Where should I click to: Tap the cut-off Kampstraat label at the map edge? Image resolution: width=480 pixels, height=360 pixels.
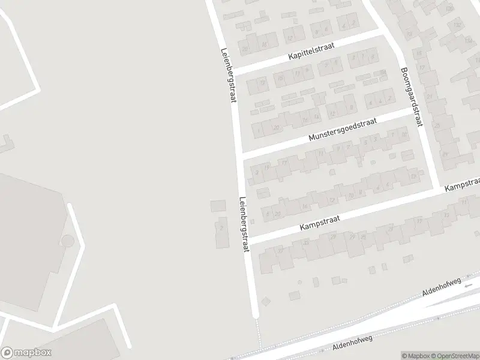(463, 185)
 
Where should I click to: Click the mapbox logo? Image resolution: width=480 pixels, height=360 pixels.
(26, 353)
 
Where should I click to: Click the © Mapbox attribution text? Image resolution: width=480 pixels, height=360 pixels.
(415, 355)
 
